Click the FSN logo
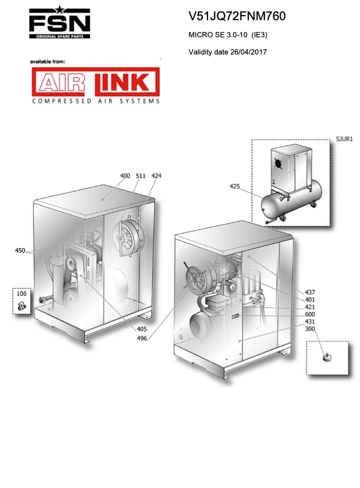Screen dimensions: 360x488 click(x=60, y=22)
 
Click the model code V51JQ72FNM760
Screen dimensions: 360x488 click(x=237, y=16)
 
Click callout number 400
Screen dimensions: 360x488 click(x=125, y=176)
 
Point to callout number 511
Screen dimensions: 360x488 click(x=140, y=176)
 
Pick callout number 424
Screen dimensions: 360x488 click(x=156, y=176)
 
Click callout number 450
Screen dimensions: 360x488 click(x=20, y=250)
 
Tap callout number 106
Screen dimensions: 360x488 click(x=21, y=293)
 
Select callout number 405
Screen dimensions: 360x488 click(x=142, y=329)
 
